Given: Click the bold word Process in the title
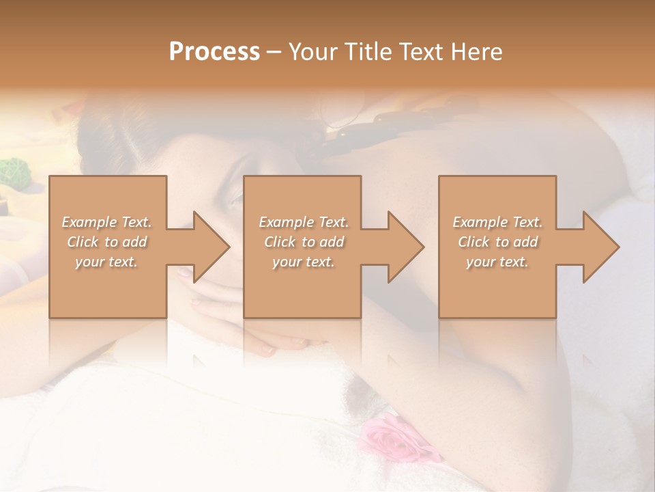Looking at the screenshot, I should tap(214, 52).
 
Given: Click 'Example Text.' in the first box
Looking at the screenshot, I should tap(107, 222).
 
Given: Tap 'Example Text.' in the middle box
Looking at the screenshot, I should tap(304, 222).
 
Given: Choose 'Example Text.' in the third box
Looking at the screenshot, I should tap(497, 222).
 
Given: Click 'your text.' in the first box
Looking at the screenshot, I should tap(106, 262).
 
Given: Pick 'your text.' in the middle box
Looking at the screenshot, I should tap(304, 262).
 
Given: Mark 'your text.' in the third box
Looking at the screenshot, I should tap(497, 262).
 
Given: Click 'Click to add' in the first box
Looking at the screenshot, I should tap(107, 242).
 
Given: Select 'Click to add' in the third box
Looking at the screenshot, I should tap(497, 242).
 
